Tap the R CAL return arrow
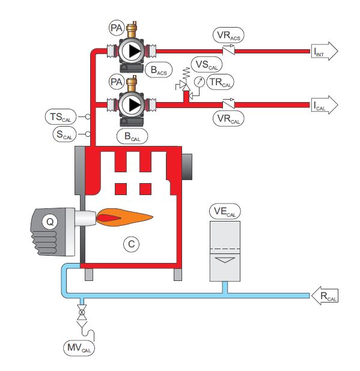click(x=324, y=295)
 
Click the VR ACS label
click(x=228, y=35)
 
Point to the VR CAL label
click(x=228, y=119)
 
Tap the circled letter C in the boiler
click(x=132, y=244)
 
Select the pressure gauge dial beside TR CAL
click(x=199, y=82)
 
